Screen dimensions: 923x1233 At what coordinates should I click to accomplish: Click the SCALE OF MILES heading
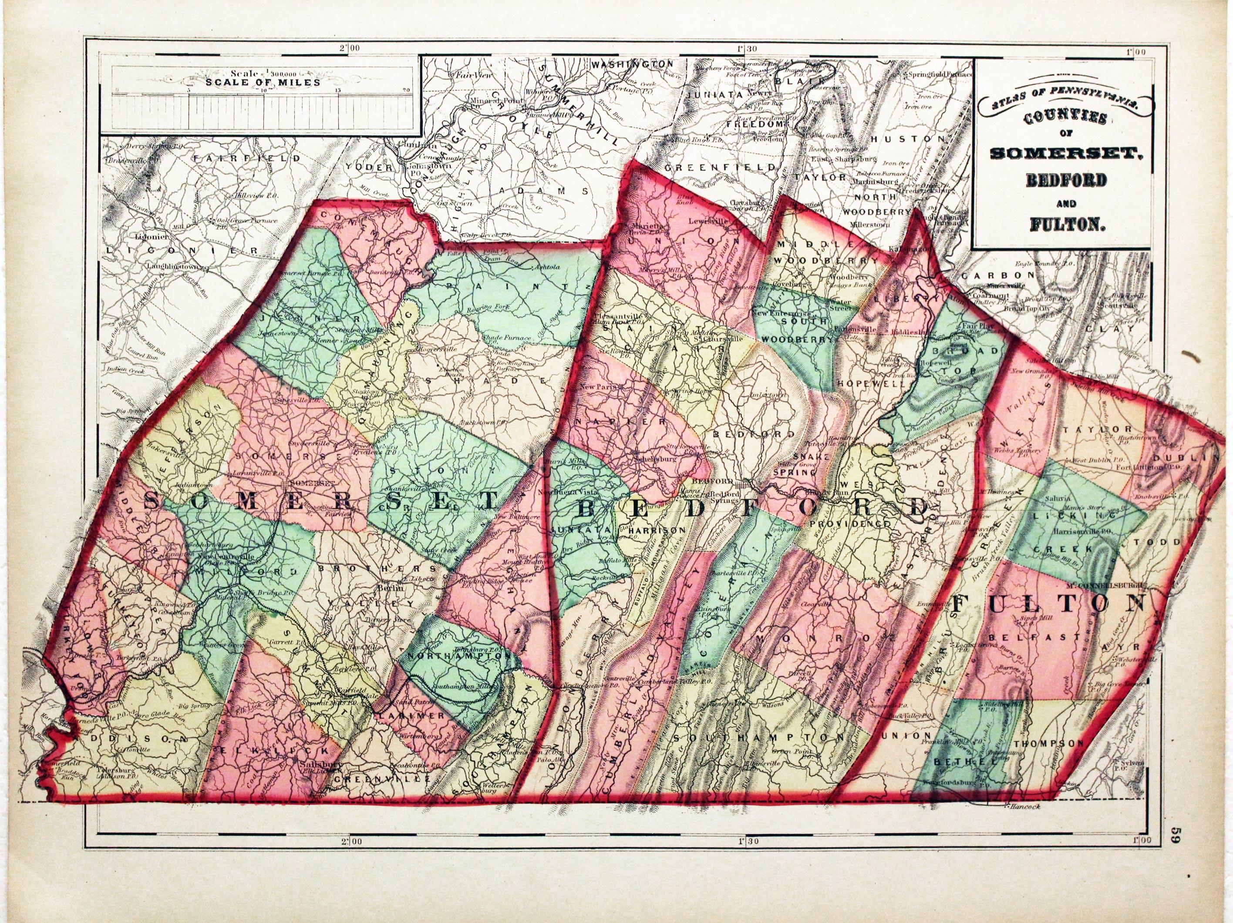(x=263, y=82)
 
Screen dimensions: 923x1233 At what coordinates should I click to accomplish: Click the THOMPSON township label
(x=1048, y=744)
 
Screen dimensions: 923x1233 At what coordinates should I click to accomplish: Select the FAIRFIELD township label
(x=246, y=158)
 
